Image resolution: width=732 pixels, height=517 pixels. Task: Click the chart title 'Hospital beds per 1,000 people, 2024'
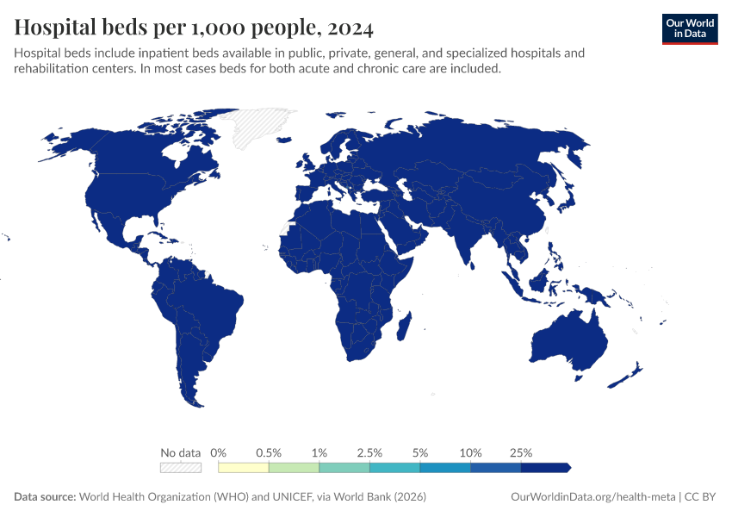(x=194, y=28)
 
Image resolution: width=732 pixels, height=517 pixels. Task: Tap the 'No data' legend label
(x=181, y=452)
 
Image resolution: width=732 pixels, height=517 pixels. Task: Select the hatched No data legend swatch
(x=181, y=467)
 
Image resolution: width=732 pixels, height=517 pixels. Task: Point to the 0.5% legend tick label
(x=269, y=452)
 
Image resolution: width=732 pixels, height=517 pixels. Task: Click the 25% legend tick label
(x=521, y=452)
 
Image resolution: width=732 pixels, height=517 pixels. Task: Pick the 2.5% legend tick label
(x=369, y=452)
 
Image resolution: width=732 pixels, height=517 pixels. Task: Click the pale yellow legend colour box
(x=244, y=467)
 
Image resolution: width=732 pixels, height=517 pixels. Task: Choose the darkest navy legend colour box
(x=544, y=467)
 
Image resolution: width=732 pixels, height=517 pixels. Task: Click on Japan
(x=565, y=197)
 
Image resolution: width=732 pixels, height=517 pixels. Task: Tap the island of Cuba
(x=152, y=234)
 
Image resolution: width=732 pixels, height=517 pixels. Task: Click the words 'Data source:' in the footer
(x=45, y=497)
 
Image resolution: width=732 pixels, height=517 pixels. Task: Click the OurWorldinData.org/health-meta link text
(x=593, y=497)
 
